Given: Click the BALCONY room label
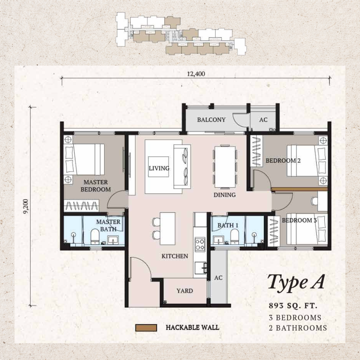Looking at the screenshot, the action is (211, 120).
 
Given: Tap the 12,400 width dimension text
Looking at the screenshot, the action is (196, 74).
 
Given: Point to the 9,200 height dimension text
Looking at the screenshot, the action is (26, 206).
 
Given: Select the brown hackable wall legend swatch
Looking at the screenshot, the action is (146, 328).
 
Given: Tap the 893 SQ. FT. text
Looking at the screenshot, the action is (293, 306).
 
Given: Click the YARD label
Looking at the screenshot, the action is (185, 291).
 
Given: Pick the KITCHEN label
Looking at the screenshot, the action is (175, 256).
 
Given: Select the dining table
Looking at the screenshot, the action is (225, 167).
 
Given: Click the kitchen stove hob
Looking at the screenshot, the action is (200, 244).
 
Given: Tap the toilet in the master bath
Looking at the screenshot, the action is (95, 236).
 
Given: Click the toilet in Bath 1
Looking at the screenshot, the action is (235, 236).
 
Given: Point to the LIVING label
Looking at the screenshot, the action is (159, 168).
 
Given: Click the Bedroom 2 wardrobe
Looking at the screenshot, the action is (256, 151).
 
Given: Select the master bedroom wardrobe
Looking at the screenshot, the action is (81, 205).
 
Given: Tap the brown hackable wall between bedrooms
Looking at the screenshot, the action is (299, 189).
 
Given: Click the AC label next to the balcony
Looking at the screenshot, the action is (263, 120).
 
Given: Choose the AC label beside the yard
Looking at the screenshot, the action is (218, 278).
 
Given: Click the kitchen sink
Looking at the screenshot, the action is (200, 268).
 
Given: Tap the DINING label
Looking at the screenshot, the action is (225, 195).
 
